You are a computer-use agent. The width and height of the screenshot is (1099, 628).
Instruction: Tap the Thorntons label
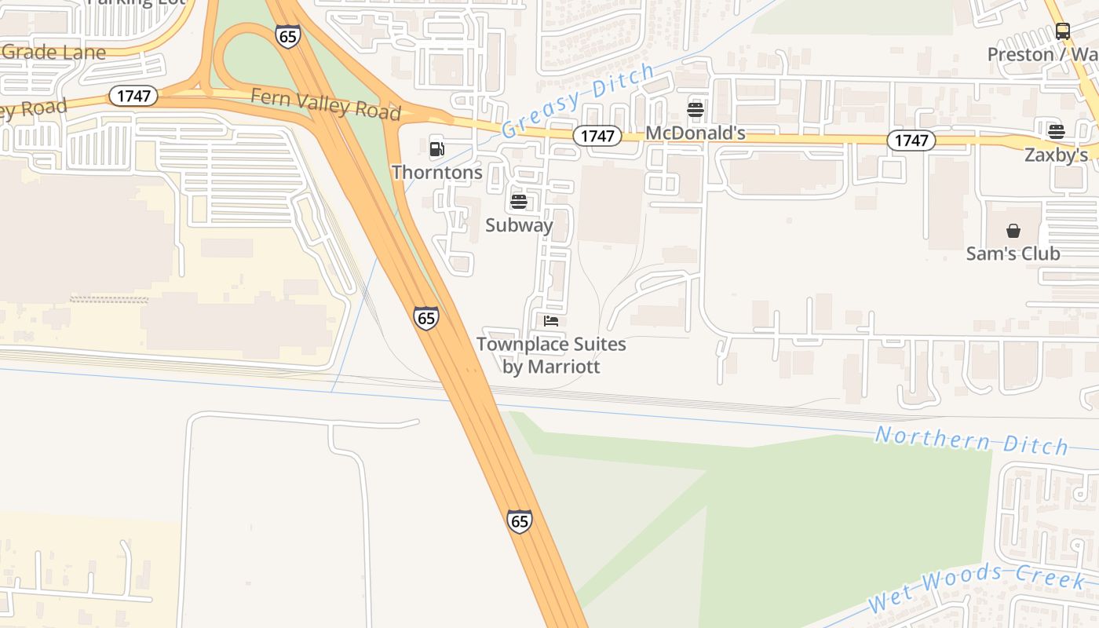pos(437,172)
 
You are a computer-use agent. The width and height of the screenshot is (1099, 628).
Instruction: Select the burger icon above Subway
pos(518,202)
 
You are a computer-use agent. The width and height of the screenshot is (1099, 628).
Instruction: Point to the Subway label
pos(519,225)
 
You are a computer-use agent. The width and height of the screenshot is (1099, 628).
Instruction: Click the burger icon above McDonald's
pos(696,110)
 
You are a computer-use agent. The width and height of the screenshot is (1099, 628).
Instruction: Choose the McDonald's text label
pos(696,133)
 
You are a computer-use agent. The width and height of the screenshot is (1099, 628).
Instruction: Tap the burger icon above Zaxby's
pos(1057,131)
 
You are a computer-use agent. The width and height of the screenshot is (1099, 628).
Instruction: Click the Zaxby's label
pos(1057,155)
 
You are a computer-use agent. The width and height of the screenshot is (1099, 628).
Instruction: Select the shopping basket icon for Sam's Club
pos(1013,231)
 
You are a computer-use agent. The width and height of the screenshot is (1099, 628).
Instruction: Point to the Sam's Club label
pos(1013,254)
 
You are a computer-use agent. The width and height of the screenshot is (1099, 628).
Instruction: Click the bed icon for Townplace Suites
pos(551,321)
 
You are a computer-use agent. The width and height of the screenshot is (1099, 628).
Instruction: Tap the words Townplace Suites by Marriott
pos(551,355)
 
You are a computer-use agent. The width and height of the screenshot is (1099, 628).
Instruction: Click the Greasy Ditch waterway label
pos(578,100)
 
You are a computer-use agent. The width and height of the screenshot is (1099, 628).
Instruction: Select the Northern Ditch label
pos(971,440)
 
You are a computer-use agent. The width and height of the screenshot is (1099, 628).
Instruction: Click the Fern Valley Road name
pos(326,104)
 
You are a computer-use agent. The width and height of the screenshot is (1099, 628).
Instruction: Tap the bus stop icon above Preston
pos(1063,31)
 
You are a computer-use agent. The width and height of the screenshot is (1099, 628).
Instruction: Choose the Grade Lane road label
pos(53,53)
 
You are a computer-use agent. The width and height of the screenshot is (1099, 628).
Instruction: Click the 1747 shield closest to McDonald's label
pos(597,136)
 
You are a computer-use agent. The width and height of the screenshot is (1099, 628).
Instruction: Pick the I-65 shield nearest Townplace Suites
pos(426,318)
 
